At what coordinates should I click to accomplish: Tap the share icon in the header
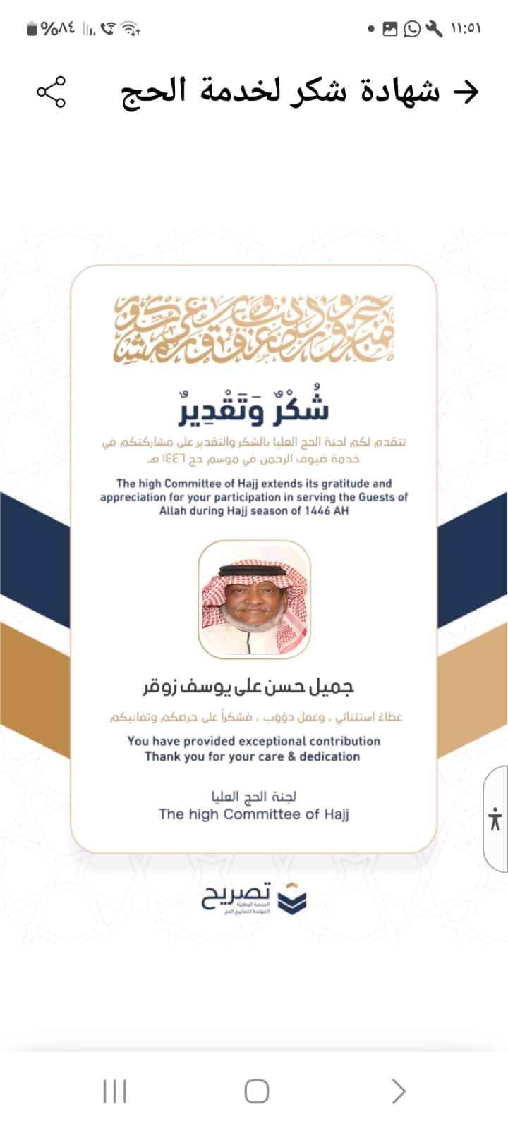(51, 92)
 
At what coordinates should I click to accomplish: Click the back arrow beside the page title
(465, 92)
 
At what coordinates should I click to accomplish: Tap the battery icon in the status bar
(32, 29)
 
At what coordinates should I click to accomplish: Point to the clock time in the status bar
(466, 29)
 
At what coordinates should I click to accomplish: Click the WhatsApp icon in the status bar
(412, 29)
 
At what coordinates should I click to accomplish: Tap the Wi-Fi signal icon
(130, 29)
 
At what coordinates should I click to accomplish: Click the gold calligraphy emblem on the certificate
(254, 329)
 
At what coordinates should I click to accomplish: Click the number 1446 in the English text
(317, 510)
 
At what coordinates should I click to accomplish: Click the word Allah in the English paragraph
(173, 510)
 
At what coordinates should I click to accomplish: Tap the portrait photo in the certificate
(254, 599)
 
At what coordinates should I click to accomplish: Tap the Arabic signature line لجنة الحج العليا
(254, 797)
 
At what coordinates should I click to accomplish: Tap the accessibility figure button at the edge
(495, 819)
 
